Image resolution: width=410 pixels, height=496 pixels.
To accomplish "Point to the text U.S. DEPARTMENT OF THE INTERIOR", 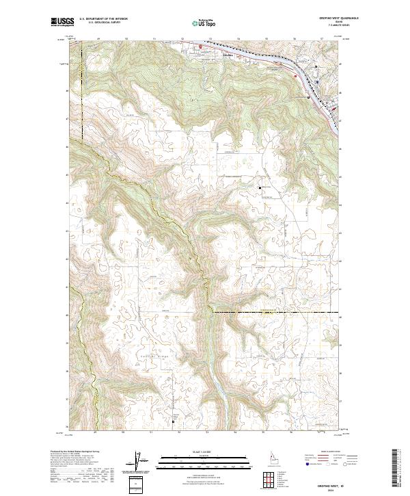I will pos(103,19).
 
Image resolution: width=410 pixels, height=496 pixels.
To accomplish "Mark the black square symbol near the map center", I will pos(260,187).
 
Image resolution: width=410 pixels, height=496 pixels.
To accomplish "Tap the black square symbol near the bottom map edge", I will pos(173,421).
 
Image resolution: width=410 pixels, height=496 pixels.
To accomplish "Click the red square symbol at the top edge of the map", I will pos(200,47).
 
